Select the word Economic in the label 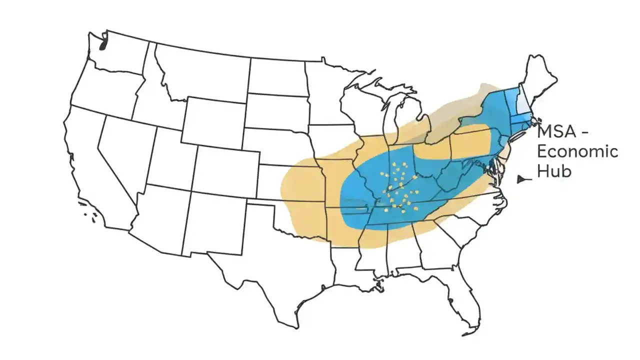tap(577, 151)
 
